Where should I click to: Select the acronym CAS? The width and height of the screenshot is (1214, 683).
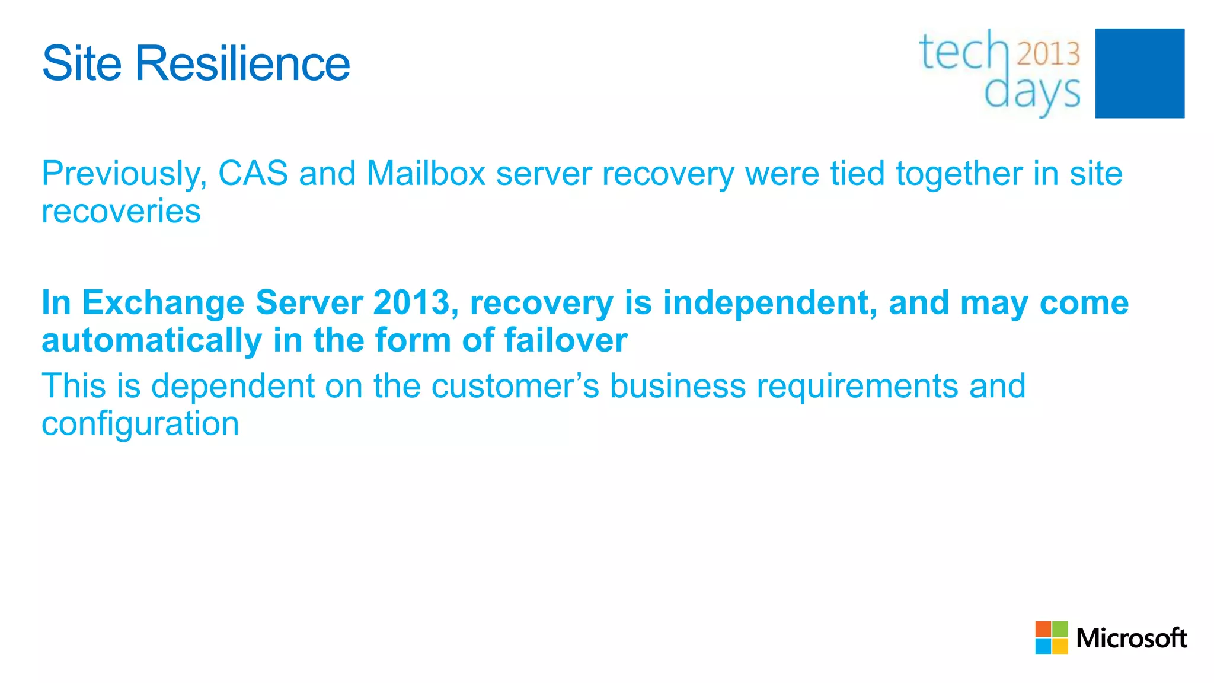[x=253, y=174]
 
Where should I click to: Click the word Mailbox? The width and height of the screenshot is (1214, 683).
[x=426, y=174]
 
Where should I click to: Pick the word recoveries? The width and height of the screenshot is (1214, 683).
[x=121, y=211]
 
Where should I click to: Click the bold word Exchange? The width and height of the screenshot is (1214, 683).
[x=162, y=303]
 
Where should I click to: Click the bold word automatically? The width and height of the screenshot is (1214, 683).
[x=152, y=341]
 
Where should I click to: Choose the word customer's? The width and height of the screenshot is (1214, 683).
[x=515, y=386]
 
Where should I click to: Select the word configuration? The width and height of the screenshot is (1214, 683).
[x=140, y=425]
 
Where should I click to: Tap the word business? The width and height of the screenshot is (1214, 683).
[x=678, y=386]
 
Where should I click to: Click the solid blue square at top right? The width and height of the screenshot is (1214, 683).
[x=1139, y=74]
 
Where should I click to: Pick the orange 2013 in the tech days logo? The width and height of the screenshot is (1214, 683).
[x=1049, y=53]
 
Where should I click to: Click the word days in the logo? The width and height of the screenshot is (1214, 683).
[x=1032, y=93]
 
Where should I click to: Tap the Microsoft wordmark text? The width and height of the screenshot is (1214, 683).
[x=1131, y=639]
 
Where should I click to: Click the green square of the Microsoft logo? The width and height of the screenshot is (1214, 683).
[x=1060, y=629]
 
